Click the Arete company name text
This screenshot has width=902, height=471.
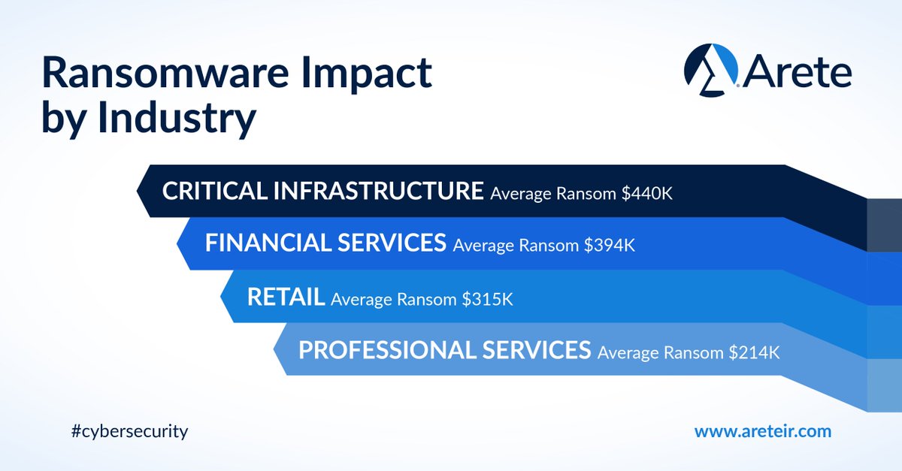pyautogui.click(x=798, y=73)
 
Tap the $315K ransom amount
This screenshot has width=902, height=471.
pyautogui.click(x=487, y=299)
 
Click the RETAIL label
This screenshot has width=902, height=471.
pyautogui.click(x=286, y=297)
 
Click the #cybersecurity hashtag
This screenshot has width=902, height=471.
pyautogui.click(x=127, y=431)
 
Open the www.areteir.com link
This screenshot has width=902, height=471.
pyautogui.click(x=762, y=431)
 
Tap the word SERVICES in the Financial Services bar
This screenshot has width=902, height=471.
pyautogui.click(x=392, y=243)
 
